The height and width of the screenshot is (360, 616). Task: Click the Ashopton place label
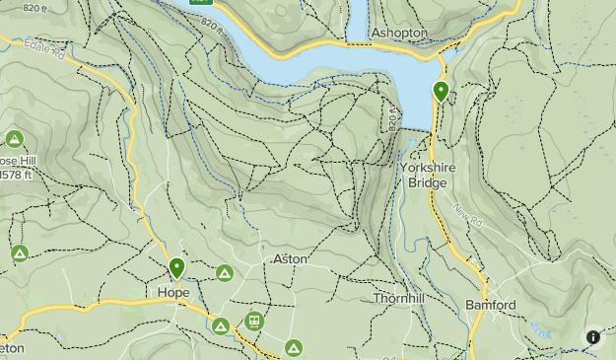click(399, 33)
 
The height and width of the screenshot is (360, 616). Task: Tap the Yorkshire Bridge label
click(429, 176)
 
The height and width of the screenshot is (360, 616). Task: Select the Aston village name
click(289, 258)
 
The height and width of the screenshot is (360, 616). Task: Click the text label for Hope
click(172, 293)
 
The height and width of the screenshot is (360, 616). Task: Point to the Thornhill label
click(399, 297)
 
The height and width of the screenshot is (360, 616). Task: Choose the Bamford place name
click(491, 305)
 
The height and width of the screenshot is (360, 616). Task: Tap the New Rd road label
click(466, 211)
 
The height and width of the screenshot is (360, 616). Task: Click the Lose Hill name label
click(17, 161)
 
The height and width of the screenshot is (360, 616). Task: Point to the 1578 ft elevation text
click(22, 177)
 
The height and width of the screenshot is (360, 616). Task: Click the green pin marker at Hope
click(177, 268)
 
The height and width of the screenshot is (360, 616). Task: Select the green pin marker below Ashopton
click(441, 92)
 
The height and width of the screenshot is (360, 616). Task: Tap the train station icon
click(254, 321)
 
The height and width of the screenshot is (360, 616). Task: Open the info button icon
click(593, 337)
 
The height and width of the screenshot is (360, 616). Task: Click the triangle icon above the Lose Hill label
click(14, 138)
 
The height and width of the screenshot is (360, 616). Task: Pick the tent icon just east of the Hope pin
click(224, 273)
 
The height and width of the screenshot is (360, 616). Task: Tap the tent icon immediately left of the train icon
click(221, 325)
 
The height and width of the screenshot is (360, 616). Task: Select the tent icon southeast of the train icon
click(294, 347)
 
